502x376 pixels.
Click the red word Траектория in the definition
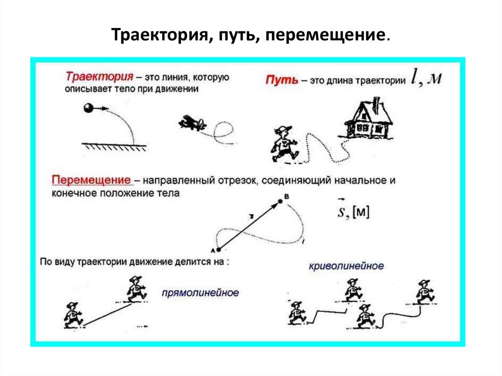99,77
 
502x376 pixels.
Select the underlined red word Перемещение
91,180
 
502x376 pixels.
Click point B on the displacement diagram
280,200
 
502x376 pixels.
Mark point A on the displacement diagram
216,250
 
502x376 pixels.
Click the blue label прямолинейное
201,293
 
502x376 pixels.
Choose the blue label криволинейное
346,266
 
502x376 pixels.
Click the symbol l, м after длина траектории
427,78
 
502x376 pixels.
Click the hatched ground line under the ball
115,146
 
